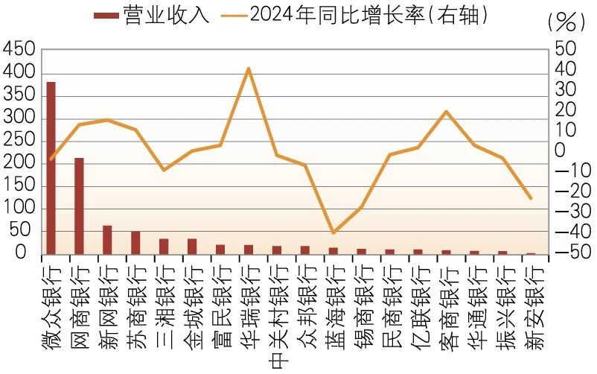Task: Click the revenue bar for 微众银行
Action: [x=51, y=168]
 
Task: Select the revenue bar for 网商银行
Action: [x=79, y=206]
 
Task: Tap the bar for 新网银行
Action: [x=107, y=240]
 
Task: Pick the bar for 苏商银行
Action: [x=135, y=243]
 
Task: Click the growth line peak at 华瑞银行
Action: [x=248, y=69]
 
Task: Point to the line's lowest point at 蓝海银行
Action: [x=333, y=233]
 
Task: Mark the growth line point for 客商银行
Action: [x=445, y=112]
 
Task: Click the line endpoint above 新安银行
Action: [x=530, y=198]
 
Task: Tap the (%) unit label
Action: [x=565, y=22]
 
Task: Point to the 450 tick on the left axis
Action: [x=19, y=50]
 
